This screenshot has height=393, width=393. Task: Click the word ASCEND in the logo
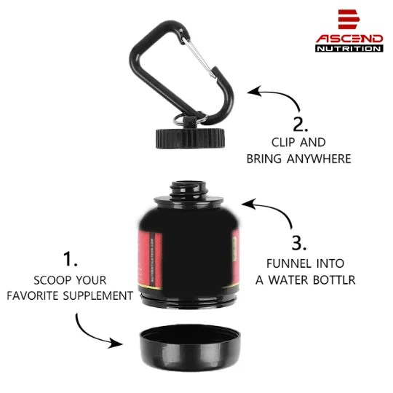click(349, 38)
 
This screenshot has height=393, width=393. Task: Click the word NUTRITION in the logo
click(349, 49)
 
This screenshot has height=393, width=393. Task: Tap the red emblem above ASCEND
click(349, 20)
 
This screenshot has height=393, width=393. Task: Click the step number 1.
click(71, 259)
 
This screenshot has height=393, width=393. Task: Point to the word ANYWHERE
click(319, 158)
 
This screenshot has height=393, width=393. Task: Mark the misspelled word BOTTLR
click(331, 279)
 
